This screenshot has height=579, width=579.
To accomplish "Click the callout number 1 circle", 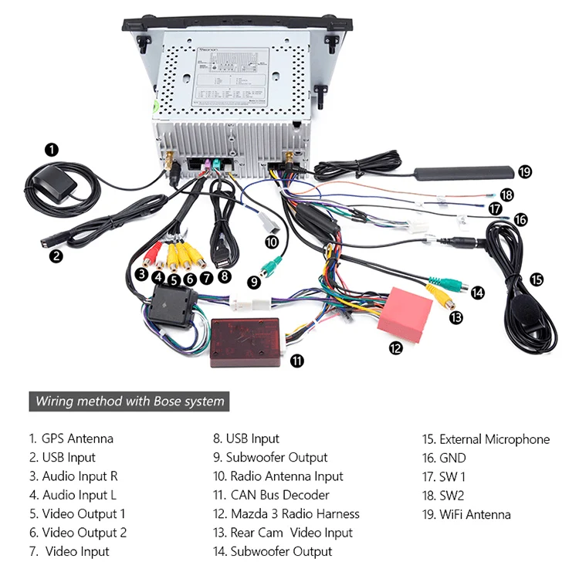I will pos(52,149).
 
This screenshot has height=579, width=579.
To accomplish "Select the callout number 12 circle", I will pos(396,348).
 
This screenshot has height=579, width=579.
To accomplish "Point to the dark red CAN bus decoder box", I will pos(246,342).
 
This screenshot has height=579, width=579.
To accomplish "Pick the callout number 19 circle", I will pos(526,171).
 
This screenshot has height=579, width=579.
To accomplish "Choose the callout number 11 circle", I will pos(296,361).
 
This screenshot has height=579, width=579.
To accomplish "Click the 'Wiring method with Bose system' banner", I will pos(130,401).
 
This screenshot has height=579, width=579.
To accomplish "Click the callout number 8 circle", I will pos(224,275).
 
